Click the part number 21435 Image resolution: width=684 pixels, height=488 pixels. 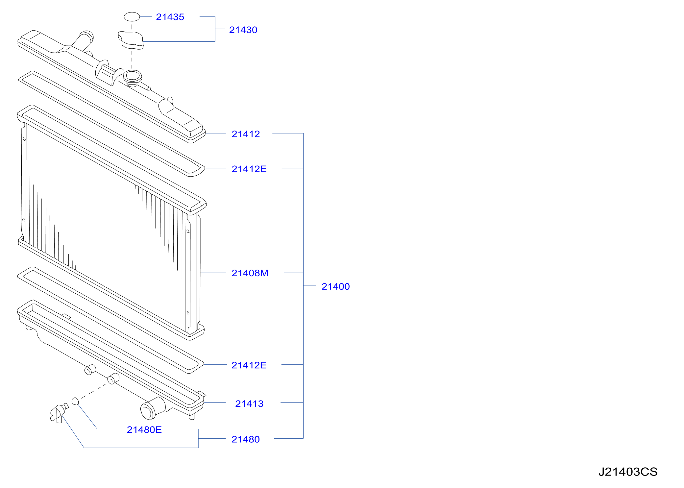170,17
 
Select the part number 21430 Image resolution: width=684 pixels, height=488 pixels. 243,30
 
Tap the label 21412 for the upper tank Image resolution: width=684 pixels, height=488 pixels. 246,134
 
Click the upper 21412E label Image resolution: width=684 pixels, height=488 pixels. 249,169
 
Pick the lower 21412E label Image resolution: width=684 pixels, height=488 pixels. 249,365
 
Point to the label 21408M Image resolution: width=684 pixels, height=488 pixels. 250,273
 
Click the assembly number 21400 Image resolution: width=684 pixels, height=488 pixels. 335,286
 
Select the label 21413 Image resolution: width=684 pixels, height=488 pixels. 249,403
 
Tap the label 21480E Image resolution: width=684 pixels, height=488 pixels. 144,429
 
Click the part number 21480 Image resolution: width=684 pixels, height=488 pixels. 246,439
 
